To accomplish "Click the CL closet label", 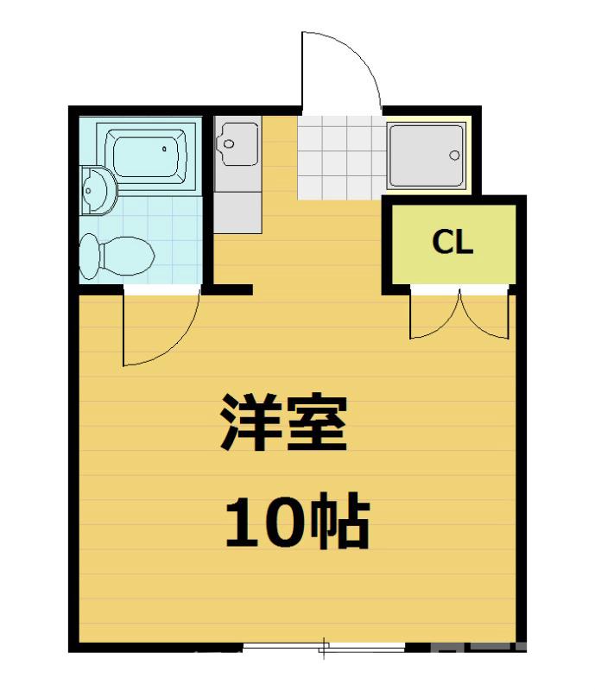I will point(453,243).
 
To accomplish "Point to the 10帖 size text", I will point(297,523).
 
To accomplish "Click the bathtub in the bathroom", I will point(145,156).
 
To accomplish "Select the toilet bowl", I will point(117,255).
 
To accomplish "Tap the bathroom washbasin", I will point(97,191).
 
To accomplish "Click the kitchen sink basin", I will point(237,143).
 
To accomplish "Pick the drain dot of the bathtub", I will point(165,149).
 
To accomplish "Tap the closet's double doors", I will point(460,315).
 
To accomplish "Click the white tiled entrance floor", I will point(339,158).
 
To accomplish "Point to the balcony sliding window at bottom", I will point(325,646).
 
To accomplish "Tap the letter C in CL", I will point(441,243).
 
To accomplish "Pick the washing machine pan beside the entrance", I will point(427,156).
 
